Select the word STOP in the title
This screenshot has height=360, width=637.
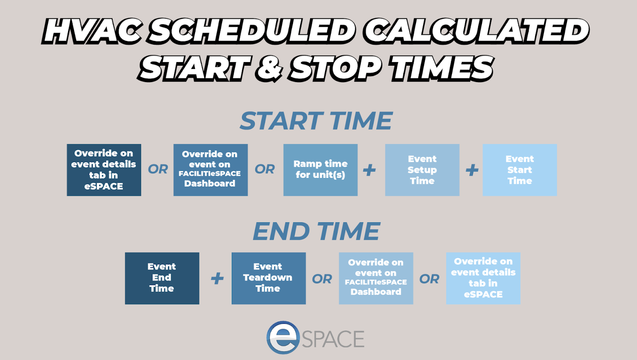334,68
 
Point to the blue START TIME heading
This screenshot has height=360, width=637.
316,121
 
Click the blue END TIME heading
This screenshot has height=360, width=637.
316,231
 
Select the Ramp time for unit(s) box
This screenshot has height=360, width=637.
320,170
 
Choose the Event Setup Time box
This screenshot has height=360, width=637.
422,170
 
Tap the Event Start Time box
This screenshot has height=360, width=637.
520,170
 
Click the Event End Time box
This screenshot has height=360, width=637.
162,278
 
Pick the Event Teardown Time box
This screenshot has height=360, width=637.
268,278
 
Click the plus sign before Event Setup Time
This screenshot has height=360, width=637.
369,170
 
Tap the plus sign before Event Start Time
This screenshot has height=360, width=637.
472,170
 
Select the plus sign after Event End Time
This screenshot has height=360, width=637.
217,278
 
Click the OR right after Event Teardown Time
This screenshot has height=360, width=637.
322,279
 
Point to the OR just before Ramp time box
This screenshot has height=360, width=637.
265,170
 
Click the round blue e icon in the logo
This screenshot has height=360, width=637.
283,337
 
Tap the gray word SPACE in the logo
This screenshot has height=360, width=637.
333,339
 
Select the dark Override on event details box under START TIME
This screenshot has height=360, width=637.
104,170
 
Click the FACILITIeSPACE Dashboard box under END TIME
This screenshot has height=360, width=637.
376,278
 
